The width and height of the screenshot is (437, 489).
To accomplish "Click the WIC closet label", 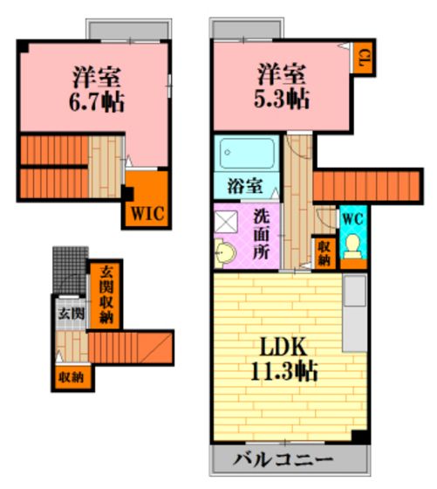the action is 147,214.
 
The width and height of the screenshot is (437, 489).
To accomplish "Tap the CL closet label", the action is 361,58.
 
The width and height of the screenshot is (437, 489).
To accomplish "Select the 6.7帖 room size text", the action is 97,102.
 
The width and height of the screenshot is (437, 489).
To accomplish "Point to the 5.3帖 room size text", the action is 282,100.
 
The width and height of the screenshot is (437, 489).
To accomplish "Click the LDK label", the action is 283,348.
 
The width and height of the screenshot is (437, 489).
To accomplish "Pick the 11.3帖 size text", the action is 284,371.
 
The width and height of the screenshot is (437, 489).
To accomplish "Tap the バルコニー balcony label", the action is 283,459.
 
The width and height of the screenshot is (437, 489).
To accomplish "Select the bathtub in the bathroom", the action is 248,153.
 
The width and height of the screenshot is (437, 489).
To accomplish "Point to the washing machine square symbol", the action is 227,221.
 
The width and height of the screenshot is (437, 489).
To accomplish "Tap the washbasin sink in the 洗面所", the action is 225,252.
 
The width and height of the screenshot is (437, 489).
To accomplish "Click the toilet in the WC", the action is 353,246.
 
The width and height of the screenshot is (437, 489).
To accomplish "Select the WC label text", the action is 353,219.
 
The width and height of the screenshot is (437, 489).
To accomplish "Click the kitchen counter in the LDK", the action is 355,313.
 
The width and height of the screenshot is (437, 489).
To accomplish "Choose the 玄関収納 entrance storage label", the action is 106,295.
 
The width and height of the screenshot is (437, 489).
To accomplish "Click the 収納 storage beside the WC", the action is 324,253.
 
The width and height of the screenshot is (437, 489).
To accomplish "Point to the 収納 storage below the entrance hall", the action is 72,377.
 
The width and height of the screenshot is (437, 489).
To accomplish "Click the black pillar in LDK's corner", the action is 360,437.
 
